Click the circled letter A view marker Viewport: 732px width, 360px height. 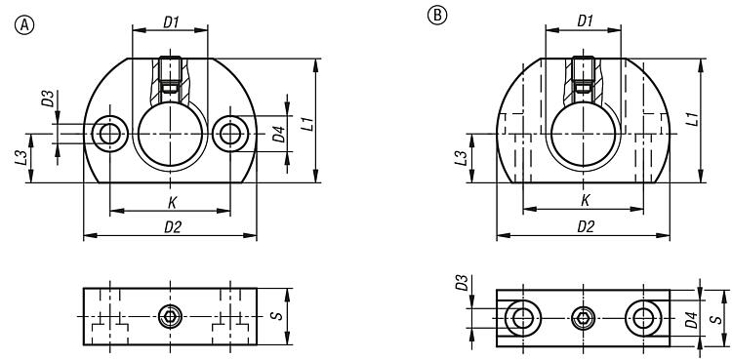pyautogui.click(x=24, y=25)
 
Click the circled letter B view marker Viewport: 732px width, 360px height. pyautogui.click(x=437, y=16)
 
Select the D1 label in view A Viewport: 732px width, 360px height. pyautogui.click(x=172, y=22)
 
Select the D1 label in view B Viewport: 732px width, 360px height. pyautogui.click(x=585, y=21)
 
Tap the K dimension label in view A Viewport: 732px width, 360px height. pyautogui.click(x=172, y=203)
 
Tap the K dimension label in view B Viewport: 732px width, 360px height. pyautogui.click(x=585, y=201)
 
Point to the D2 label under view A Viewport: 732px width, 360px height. pyautogui.click(x=172, y=227)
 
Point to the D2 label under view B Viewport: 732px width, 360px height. pyautogui.click(x=586, y=227)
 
